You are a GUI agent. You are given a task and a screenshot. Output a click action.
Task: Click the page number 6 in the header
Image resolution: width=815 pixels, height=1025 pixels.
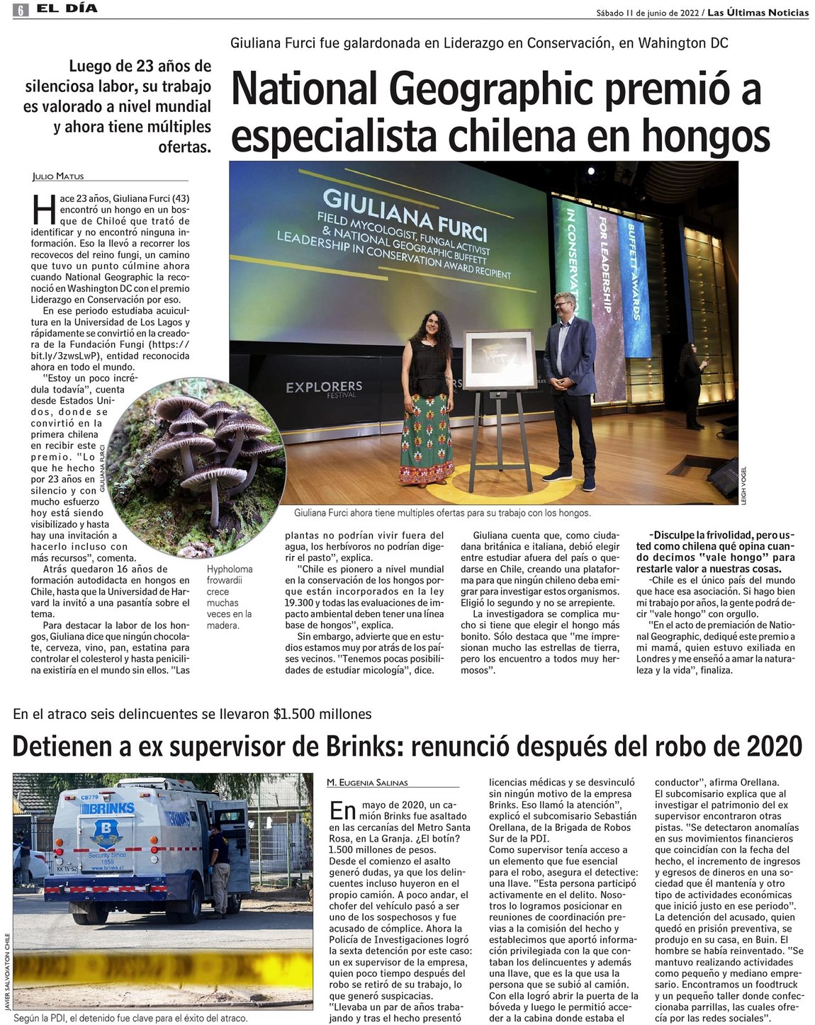point(21,10)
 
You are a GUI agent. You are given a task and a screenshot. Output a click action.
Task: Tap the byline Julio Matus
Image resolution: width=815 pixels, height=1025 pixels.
point(58,176)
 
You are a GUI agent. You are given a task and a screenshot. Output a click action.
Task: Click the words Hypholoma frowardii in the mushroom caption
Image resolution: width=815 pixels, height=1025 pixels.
point(230,574)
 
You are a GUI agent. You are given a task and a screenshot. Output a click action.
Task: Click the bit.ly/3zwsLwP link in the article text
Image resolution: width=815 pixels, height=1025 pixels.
point(64,356)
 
